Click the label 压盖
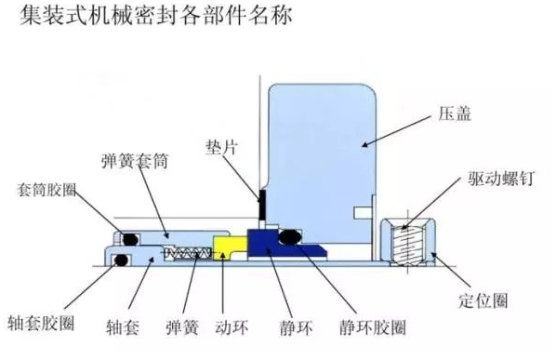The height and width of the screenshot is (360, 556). [x=455, y=113]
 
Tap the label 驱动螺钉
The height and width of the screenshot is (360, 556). [x=501, y=179]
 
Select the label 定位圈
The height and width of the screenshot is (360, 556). [x=483, y=301]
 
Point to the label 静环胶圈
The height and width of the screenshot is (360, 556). [x=372, y=327]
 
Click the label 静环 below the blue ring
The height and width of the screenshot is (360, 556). [x=296, y=327]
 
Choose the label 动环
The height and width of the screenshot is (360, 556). [x=232, y=327]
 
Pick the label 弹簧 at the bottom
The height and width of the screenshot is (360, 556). [x=182, y=327]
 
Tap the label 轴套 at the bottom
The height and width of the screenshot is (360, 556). [x=123, y=327]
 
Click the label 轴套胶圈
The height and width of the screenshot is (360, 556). [x=41, y=323]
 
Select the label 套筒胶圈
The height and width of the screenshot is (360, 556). [x=46, y=190]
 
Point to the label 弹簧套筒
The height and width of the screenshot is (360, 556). [x=135, y=161]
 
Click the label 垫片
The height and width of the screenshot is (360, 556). [x=221, y=147]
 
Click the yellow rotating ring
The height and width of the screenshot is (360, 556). [x=230, y=247]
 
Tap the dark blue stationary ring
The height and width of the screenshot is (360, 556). [x=270, y=245]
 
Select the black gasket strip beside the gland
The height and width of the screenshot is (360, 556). [x=262, y=205]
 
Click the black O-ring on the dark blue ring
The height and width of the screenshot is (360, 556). [x=289, y=237]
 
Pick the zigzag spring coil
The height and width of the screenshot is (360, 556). [x=189, y=252]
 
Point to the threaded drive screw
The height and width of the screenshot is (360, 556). [x=407, y=246]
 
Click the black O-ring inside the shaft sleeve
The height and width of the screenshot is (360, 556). [x=121, y=260]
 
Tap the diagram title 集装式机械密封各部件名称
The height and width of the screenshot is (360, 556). [x=155, y=16]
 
